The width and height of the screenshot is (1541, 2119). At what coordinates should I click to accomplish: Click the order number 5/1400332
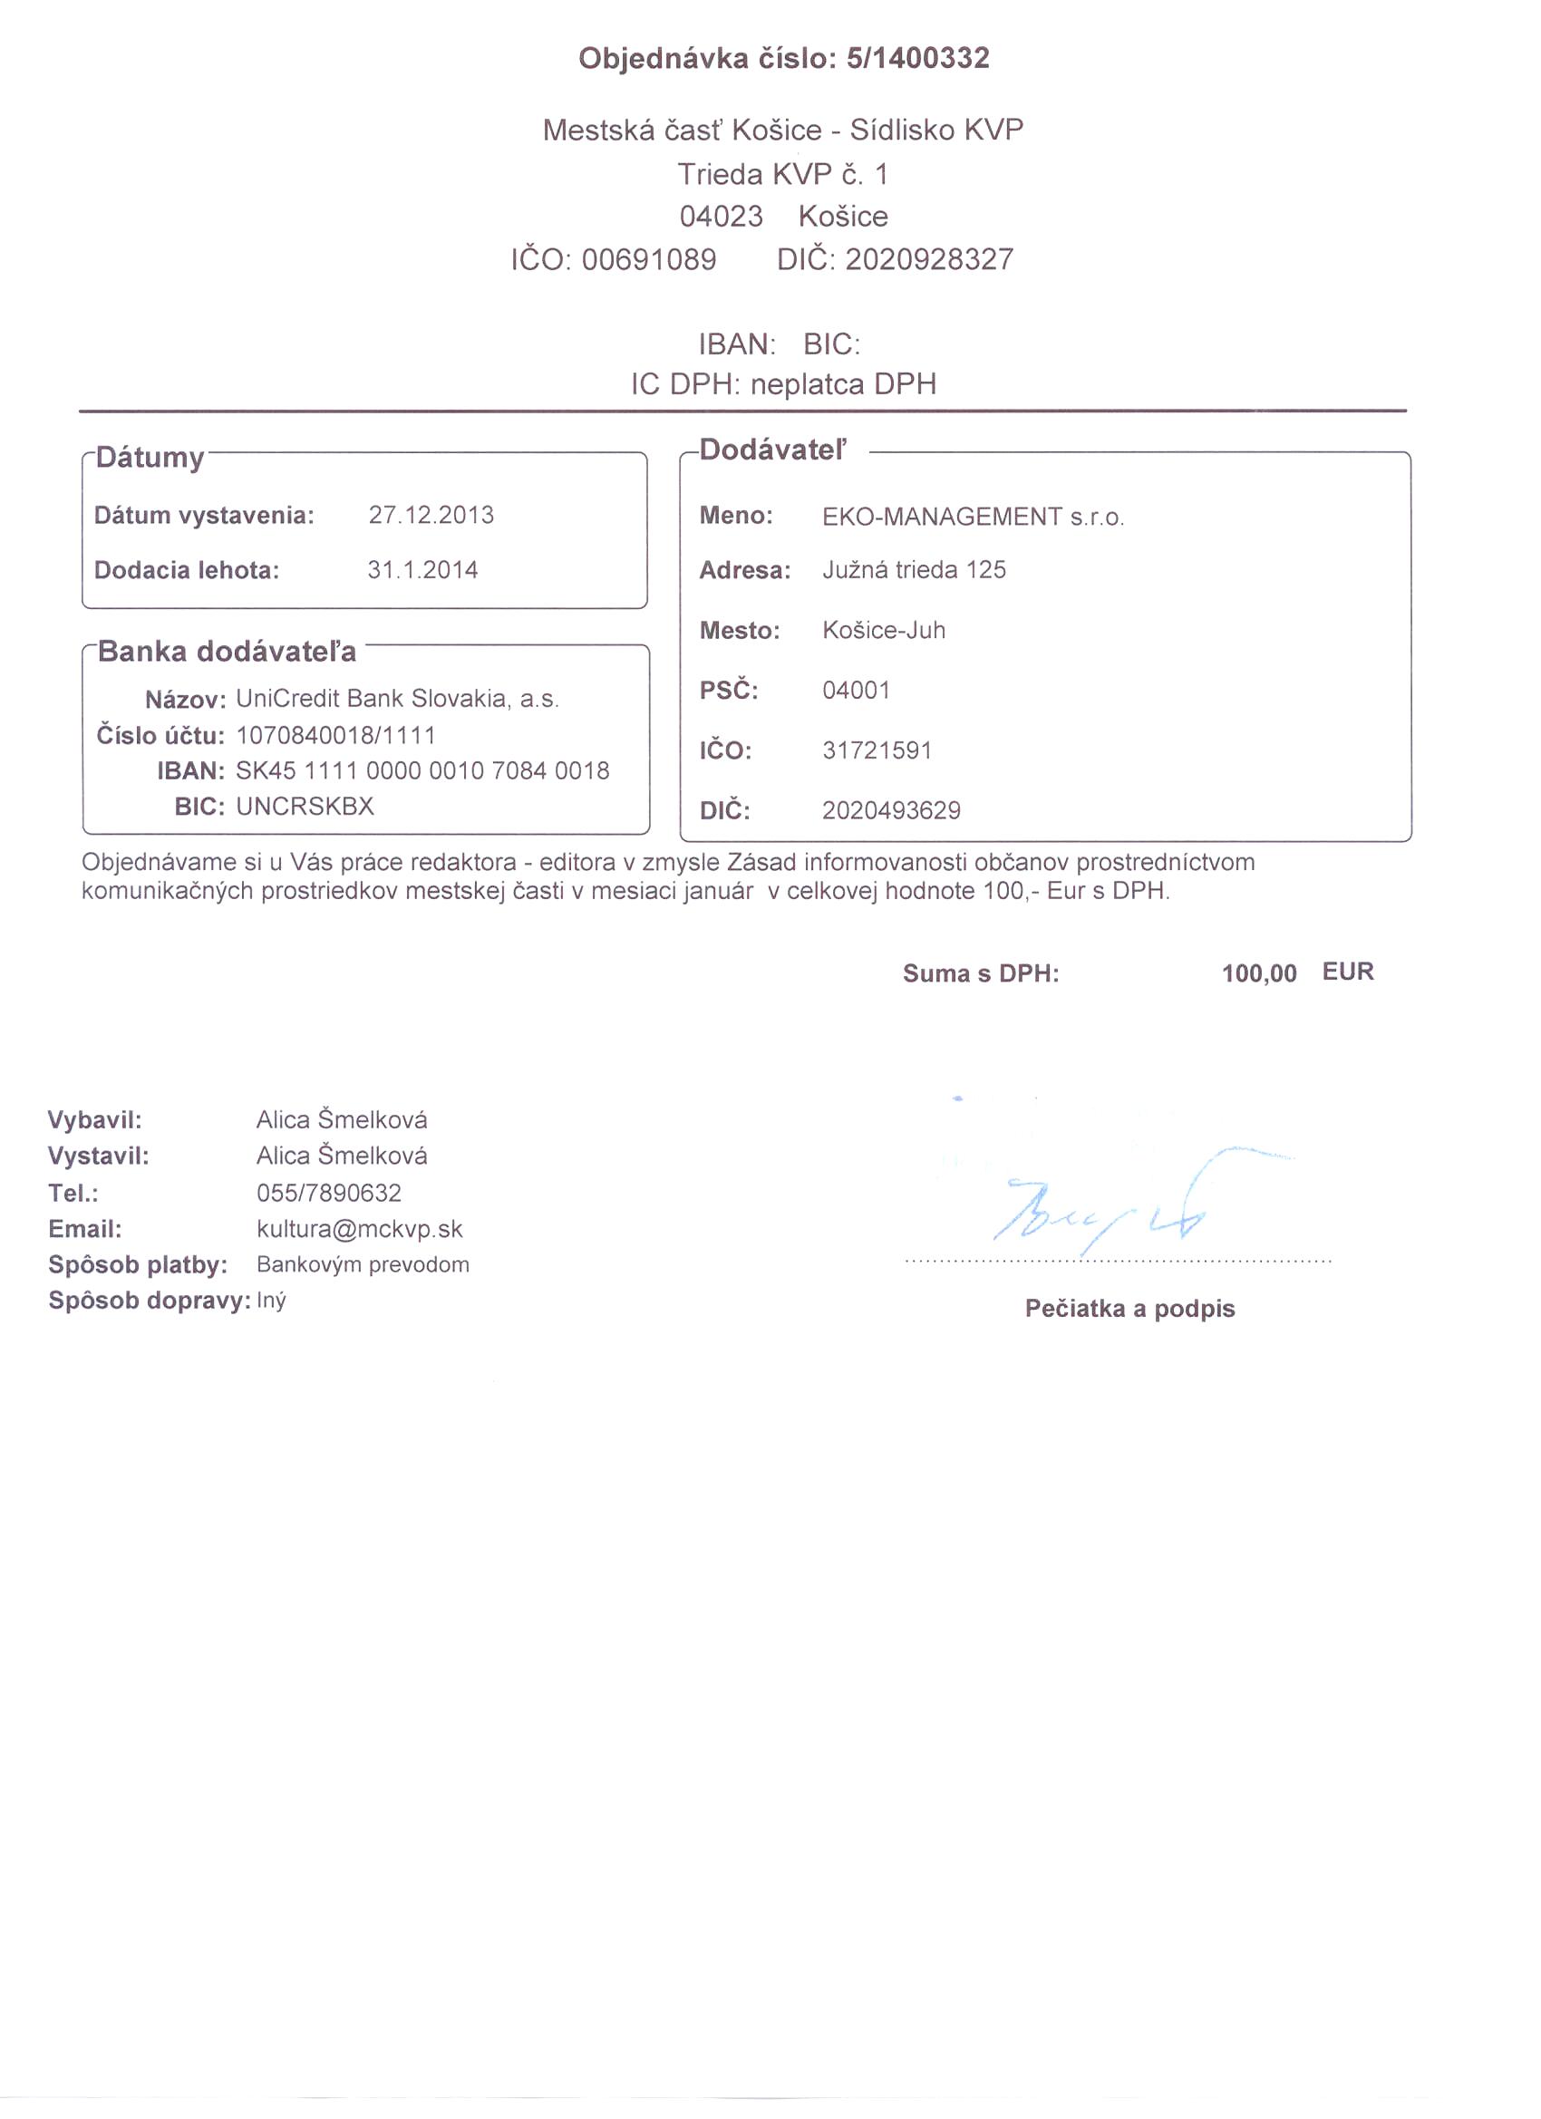pos(916,59)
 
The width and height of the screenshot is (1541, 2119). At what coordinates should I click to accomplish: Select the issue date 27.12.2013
pos(431,515)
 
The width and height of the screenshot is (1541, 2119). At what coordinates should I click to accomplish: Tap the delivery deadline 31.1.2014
pos(422,570)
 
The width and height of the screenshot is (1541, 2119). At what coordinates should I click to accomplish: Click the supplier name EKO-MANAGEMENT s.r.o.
pos(973,517)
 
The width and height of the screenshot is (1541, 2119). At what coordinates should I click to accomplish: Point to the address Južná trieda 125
pos(914,570)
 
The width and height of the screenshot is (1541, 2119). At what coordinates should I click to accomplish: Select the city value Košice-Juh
pos(883,630)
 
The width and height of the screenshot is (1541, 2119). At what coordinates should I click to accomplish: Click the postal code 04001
pos(856,691)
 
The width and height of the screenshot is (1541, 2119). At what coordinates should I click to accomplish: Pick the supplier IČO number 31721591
pos(877,750)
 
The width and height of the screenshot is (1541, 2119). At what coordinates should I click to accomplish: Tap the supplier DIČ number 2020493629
pos(890,810)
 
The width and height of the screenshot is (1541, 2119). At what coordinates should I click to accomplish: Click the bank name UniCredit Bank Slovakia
pos(397,699)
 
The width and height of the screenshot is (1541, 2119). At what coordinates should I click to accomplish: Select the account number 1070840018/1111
pos(335,735)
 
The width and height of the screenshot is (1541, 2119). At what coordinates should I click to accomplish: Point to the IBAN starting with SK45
pos(422,770)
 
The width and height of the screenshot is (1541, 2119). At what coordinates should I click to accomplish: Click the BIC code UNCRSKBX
pos(305,807)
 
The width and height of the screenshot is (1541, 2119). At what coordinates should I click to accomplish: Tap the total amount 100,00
pos(1258,973)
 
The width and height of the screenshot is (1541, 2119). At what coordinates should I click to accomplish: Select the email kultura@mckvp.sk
pos(359,1229)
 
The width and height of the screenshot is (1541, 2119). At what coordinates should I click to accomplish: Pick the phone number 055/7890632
pos(329,1193)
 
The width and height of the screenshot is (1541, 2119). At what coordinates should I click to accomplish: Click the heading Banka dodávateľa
pos(228,652)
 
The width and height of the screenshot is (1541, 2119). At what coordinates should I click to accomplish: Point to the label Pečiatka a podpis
pos(1129,1308)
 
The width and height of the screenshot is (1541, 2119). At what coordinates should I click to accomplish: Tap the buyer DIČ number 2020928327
pos(929,259)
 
